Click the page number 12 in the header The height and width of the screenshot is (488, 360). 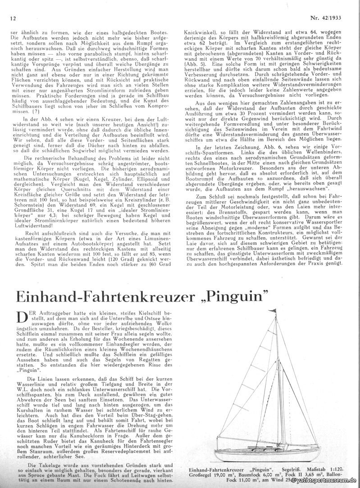[x=12, y=18]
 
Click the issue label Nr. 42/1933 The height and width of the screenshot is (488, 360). [x=336, y=18]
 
